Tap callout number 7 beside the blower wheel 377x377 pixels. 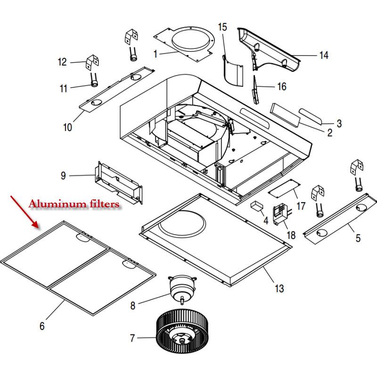[132, 338]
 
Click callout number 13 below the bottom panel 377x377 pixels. [279, 288]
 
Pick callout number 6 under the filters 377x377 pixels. [42, 326]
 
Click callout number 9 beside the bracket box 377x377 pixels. [63, 176]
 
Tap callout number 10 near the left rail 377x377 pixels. [67, 127]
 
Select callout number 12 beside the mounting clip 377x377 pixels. [62, 62]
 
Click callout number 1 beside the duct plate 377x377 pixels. [155, 54]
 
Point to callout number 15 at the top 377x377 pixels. [222, 27]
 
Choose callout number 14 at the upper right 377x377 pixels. [323, 56]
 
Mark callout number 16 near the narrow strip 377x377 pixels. [281, 87]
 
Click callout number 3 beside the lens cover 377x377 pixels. [339, 123]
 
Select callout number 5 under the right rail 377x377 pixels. [358, 238]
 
